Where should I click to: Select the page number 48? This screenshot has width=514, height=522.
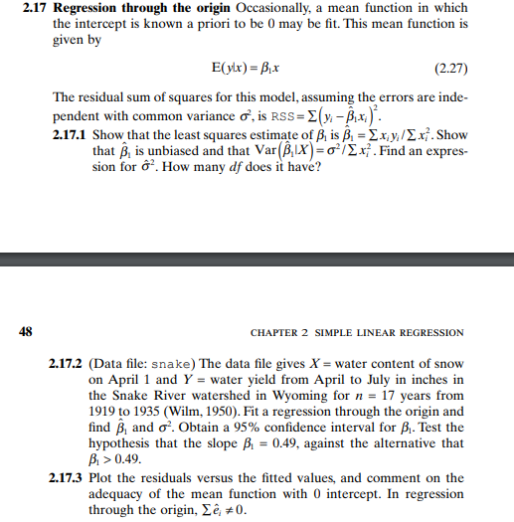point(26,331)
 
